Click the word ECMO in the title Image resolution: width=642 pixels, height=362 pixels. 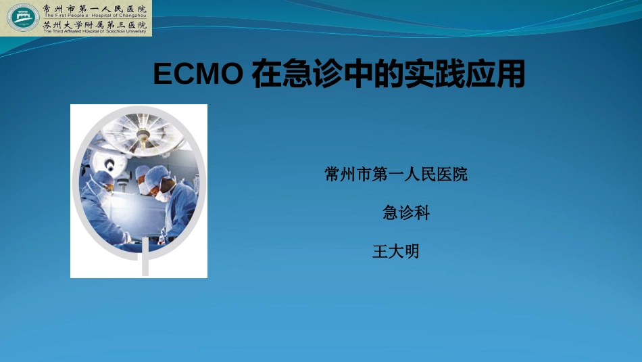tap(197, 75)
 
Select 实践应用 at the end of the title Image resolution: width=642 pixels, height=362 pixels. tap(464, 75)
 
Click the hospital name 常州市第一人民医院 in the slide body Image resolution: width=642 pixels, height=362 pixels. tap(396, 175)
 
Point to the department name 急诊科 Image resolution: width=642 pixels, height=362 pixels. tap(406, 212)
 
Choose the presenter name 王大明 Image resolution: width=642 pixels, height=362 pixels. tap(396, 252)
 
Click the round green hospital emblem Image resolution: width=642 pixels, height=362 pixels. tap(23, 18)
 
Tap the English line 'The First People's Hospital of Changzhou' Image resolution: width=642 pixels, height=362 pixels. tap(95, 15)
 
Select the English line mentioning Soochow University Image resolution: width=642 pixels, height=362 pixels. tap(95, 31)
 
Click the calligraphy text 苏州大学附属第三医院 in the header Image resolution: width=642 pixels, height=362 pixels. tap(94, 24)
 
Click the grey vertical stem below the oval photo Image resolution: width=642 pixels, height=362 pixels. tap(144, 264)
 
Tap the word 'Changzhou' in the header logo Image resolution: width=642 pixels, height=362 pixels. tap(133, 15)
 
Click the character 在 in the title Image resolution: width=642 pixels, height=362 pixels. tap(264, 75)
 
